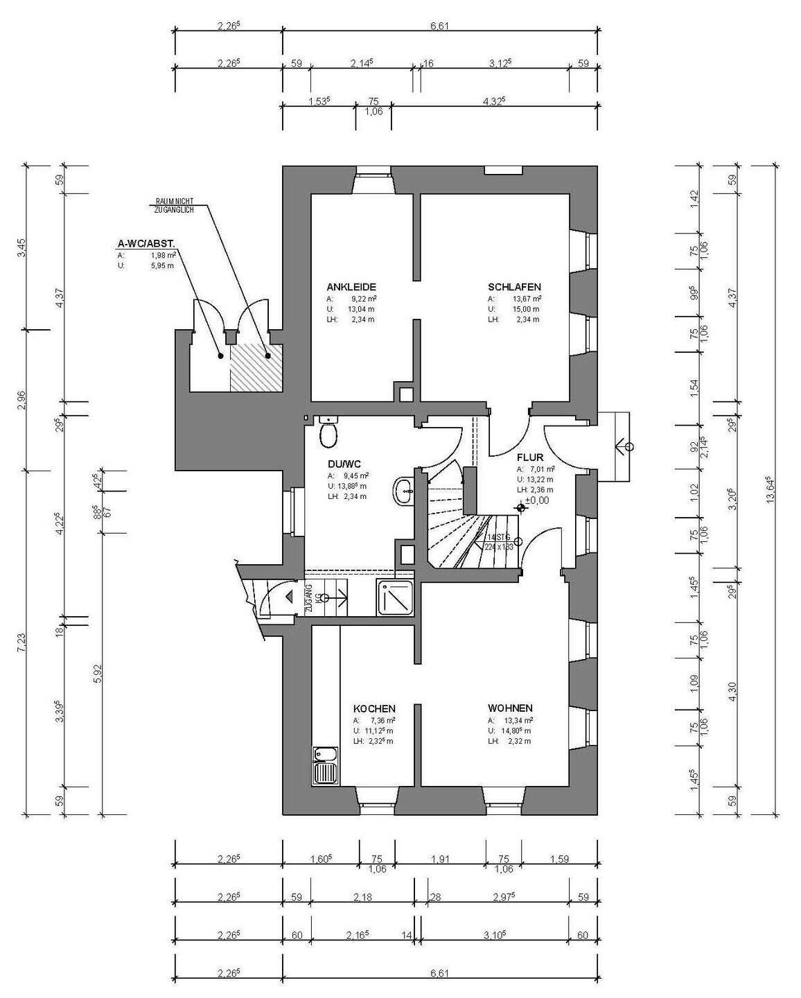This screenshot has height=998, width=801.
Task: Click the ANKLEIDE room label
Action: (x=351, y=287)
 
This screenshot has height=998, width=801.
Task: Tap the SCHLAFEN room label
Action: (x=514, y=287)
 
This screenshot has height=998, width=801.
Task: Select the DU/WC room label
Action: (x=344, y=464)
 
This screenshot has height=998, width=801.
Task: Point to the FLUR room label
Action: (x=530, y=457)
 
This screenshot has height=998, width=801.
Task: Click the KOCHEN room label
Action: (x=374, y=709)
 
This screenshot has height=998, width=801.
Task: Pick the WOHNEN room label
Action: (x=510, y=708)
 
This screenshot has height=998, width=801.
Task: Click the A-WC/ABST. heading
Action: (x=146, y=244)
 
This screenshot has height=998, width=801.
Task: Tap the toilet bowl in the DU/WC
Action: (x=328, y=436)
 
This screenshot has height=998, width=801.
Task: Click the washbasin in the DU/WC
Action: (x=403, y=491)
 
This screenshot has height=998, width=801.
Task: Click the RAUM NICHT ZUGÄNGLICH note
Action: (x=174, y=205)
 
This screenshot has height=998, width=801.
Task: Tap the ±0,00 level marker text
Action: (x=537, y=500)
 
